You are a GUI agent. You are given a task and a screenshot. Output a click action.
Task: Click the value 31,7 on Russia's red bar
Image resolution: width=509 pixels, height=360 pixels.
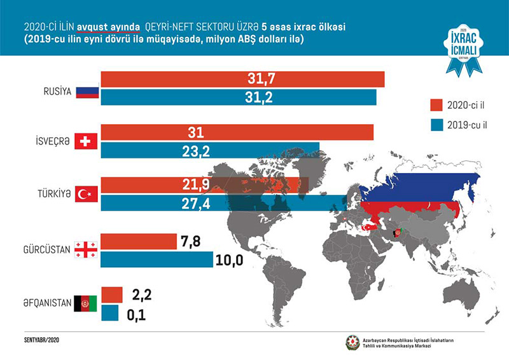click(260, 79)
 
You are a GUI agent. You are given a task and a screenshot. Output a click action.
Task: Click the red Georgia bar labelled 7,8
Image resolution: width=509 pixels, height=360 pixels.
click(138, 242)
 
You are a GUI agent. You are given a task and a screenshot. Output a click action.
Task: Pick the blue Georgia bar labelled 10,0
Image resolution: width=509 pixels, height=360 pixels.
click(157, 260)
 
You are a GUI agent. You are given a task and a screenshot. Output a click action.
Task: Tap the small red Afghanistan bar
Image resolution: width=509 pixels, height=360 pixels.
click(111, 294)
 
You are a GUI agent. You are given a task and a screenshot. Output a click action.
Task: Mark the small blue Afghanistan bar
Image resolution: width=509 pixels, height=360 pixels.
click(111, 314)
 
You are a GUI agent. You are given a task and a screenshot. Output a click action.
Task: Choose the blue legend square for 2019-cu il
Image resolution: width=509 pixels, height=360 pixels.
click(436, 124)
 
